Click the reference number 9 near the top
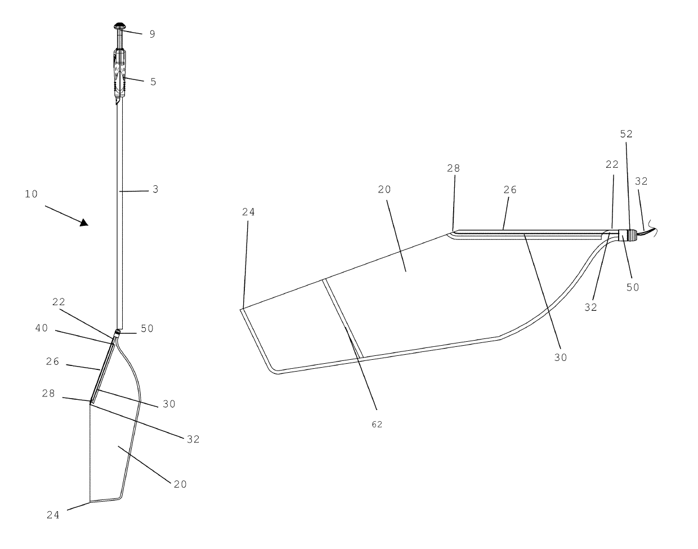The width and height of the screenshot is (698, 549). tap(152, 34)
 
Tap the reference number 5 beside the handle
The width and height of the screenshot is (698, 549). tap(153, 82)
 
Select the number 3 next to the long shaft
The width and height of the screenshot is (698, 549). tap(155, 190)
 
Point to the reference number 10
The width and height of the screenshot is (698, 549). tap(31, 194)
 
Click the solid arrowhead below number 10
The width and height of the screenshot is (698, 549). tap(83, 222)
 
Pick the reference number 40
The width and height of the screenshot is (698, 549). tap(42, 328)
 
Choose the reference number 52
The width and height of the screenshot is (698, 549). tap(626, 134)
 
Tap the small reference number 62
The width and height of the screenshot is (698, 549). tap(377, 425)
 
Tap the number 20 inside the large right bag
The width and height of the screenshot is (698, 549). tap(384, 190)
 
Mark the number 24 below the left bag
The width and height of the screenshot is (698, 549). tap(53, 515)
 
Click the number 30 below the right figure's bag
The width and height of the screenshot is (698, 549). tap(561, 357)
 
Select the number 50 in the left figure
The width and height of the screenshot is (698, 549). tap(147, 328)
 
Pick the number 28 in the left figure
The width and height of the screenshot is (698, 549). tap(48, 394)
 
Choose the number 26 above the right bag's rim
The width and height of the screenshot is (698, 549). tap(510, 190)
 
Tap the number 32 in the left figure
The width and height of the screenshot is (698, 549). tap(193, 439)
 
